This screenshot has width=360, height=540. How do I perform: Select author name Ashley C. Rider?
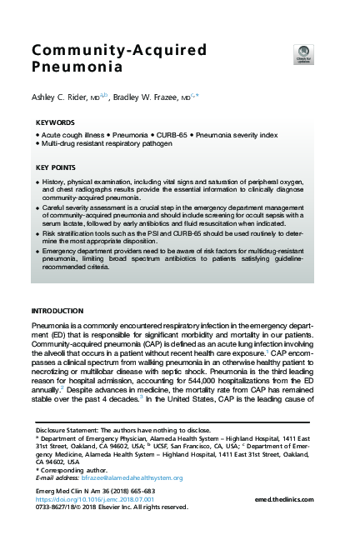pos(61,98)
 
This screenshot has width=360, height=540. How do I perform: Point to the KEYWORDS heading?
pos(56,122)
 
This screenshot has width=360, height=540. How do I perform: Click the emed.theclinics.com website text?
pos(292,498)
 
